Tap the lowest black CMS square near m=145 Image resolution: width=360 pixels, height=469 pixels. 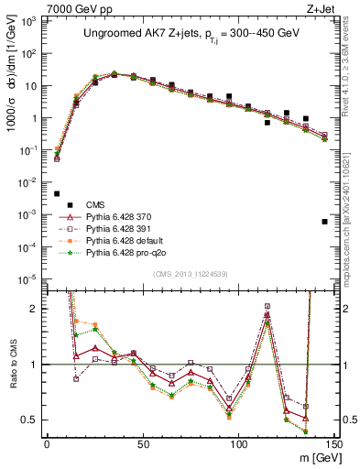coord(324,222)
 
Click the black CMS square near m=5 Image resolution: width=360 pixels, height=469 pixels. coord(57,193)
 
